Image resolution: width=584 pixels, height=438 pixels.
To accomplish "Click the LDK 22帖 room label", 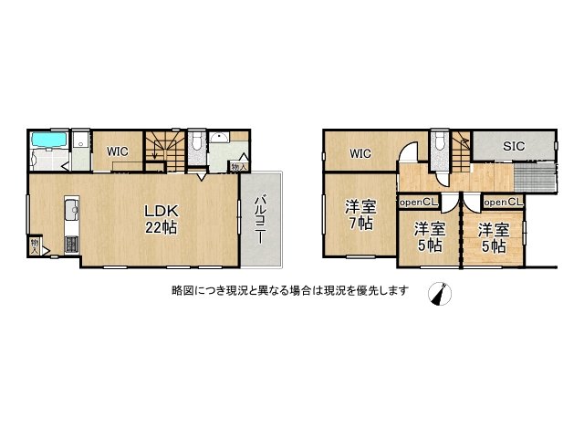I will (x=160, y=220).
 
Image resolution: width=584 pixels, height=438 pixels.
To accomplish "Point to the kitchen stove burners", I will (x=69, y=244).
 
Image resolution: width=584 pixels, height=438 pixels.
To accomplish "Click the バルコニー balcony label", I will (x=259, y=218).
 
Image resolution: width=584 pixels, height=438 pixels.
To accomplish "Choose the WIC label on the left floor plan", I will (x=117, y=151).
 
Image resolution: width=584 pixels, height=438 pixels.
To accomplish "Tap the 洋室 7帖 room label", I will (x=359, y=214).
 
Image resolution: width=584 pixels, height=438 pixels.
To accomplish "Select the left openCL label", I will (x=418, y=202).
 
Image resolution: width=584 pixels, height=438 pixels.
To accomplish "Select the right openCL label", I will (x=503, y=202).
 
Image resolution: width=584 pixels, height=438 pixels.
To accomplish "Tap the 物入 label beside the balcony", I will (x=238, y=167).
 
